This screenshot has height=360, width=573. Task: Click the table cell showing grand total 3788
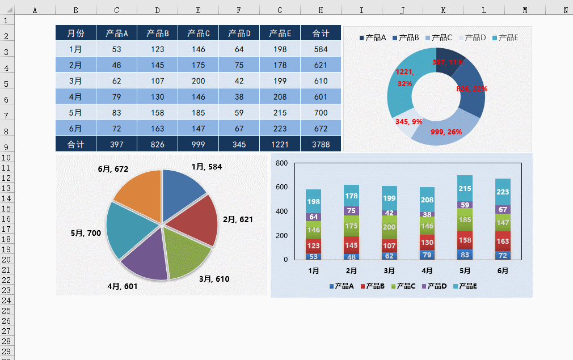coord(321,145)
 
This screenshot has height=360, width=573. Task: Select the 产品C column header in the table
coord(198,33)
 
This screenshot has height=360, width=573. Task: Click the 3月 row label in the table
coord(75,81)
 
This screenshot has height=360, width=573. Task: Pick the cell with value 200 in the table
coord(198,81)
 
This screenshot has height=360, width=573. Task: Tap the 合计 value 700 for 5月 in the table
coord(321,113)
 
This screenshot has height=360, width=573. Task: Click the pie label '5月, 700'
coord(86,233)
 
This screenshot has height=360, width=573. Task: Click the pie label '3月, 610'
coord(214,279)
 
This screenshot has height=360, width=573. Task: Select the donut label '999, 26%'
coord(446,132)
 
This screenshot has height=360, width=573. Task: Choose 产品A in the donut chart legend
coord(373,37)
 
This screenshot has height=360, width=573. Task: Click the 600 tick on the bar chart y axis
coord(282,187)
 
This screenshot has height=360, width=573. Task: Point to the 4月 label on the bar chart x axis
coord(427,271)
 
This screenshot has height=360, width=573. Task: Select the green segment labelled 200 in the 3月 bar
coord(389,227)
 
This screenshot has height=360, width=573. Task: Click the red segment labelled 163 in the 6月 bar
coord(503,241)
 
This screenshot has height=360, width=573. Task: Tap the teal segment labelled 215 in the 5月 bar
coord(465,189)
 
